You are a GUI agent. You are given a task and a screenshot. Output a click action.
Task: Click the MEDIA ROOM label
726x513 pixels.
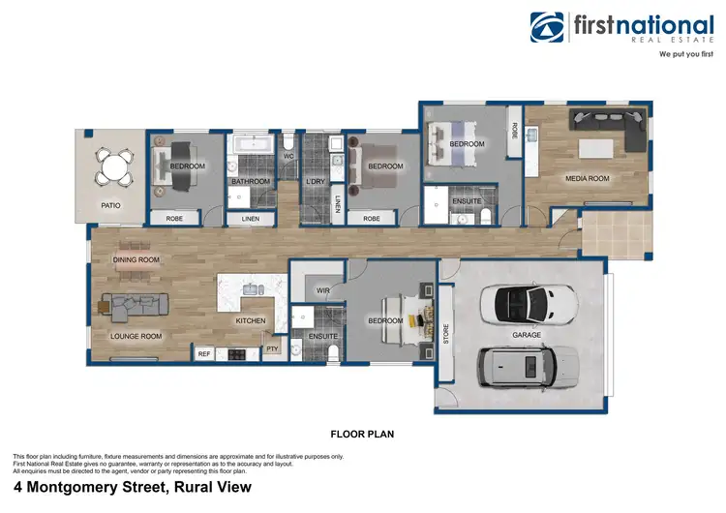[x=587, y=179]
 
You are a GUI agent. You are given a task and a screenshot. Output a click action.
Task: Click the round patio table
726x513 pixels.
[x=114, y=168]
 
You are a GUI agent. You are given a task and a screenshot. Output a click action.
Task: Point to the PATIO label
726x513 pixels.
[x=111, y=205]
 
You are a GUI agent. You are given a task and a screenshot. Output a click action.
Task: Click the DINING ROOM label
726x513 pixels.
[x=136, y=259]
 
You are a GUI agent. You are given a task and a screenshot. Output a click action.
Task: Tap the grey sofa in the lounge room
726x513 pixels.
[x=125, y=309]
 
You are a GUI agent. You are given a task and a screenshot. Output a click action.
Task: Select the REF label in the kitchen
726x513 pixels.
[x=204, y=354]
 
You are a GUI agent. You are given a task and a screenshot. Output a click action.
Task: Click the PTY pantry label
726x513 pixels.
[x=272, y=348]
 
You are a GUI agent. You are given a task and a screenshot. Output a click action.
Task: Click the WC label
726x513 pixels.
[x=288, y=156]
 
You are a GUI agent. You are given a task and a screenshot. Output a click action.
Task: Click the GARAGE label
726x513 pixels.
[x=526, y=336]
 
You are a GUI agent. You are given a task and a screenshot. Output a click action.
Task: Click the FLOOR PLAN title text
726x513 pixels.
[x=362, y=434]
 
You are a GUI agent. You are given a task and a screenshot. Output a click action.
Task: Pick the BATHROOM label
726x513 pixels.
[x=249, y=181]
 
